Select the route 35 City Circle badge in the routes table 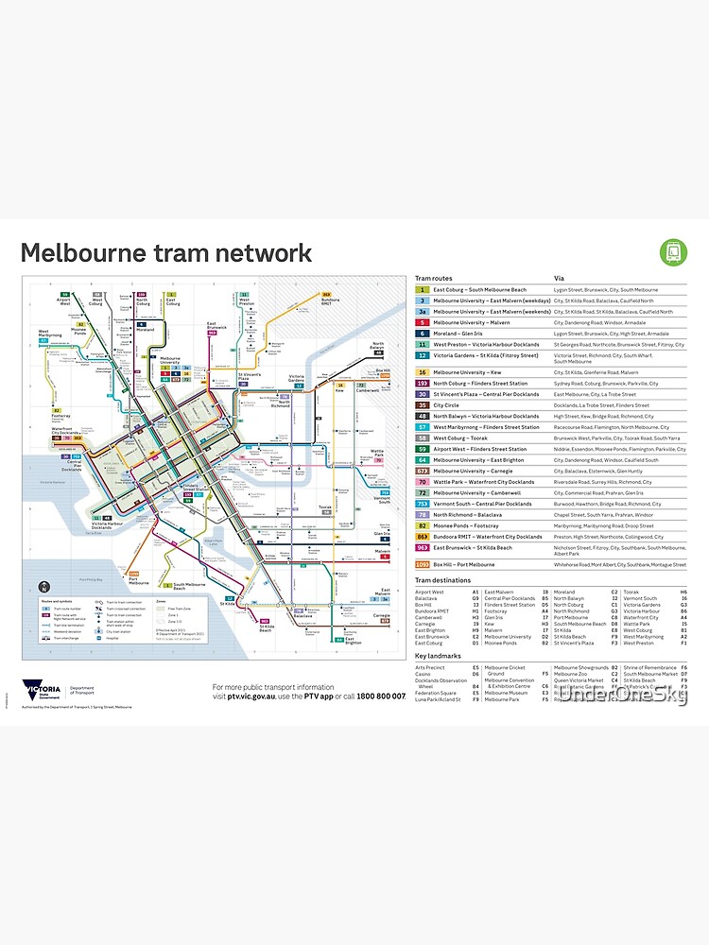pyautogui.click(x=423, y=404)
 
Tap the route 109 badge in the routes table pyautogui.click(x=423, y=564)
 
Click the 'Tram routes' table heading pyautogui.click(x=433, y=278)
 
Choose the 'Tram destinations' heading pyautogui.click(x=443, y=581)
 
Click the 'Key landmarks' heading pyautogui.click(x=438, y=655)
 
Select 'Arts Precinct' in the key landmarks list pyautogui.click(x=429, y=668)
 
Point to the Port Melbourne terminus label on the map pyautogui.click(x=133, y=580)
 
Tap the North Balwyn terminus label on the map pyautogui.click(x=378, y=346)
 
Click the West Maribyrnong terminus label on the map pyautogui.click(x=50, y=334)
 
